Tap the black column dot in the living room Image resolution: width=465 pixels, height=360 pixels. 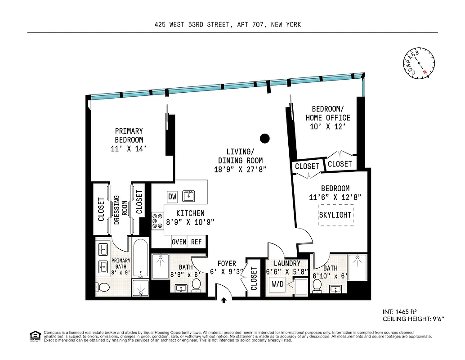pyautogui.click(x=265, y=138)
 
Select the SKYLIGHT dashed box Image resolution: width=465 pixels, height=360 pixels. pyautogui.click(x=335, y=215)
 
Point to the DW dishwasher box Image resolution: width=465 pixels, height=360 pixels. pyautogui.click(x=172, y=197)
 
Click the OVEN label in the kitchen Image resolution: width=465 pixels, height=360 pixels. pyautogui.click(x=179, y=242)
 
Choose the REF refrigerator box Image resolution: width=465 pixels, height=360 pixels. pyautogui.click(x=197, y=242)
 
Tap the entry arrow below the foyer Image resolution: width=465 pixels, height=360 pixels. pyautogui.click(x=224, y=301)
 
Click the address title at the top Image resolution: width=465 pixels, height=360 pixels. pyautogui.click(x=227, y=25)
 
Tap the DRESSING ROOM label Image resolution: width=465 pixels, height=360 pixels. pyautogui.click(x=121, y=210)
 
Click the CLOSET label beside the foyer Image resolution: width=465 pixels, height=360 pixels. pyautogui.click(x=253, y=279)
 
